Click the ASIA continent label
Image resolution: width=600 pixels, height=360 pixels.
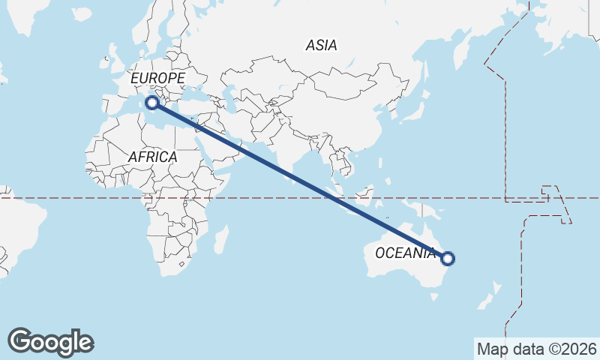(321, 45)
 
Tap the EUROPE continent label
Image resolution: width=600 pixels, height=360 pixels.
(157, 78)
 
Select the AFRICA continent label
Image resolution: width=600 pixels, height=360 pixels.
(152, 157)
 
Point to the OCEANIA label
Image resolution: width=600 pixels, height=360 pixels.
(405, 253)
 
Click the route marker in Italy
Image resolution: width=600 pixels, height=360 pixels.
(152, 103)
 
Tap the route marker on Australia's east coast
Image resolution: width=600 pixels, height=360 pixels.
(448, 259)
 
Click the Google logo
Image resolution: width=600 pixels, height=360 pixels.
(50, 341)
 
